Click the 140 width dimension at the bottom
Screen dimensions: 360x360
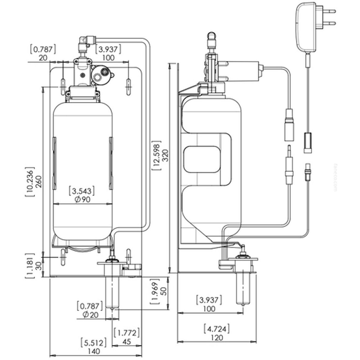pos(94,351)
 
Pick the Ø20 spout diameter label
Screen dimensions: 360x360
pos(89,315)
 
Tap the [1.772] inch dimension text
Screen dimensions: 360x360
pos(127,332)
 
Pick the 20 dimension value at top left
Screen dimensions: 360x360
pos(43,58)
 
